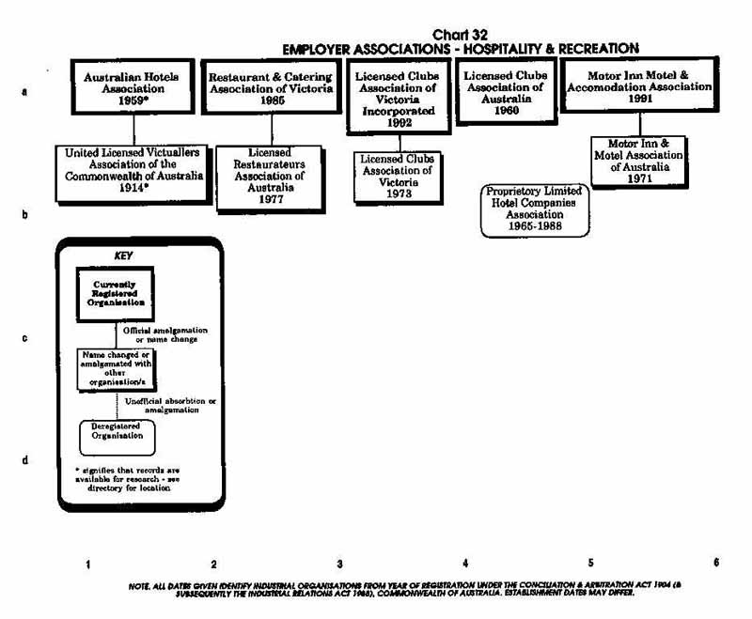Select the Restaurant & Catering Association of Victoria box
coord(271,86)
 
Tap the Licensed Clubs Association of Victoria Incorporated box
coord(397,96)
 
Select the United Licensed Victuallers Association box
coord(132,172)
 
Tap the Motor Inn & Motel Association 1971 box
coord(639,160)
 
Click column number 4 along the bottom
coord(465,563)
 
